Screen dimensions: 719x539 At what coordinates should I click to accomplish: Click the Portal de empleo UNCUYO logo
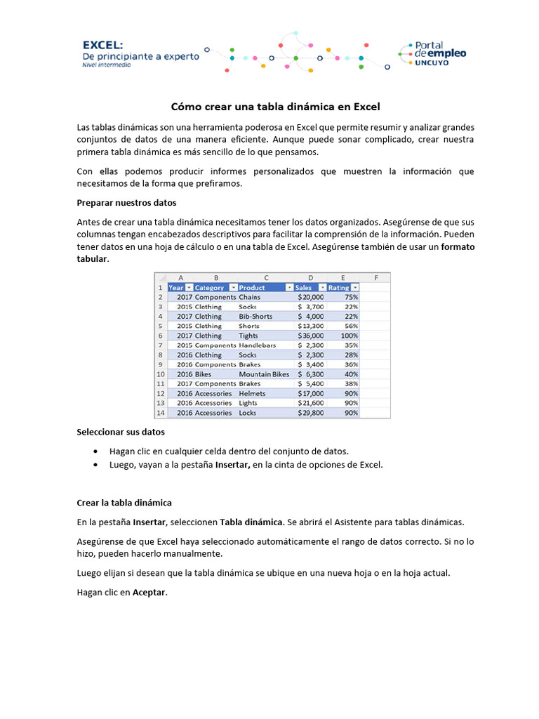(432, 53)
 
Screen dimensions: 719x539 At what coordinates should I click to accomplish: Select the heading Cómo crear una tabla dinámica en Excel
(276, 107)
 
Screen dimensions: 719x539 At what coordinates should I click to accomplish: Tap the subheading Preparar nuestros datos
(126, 202)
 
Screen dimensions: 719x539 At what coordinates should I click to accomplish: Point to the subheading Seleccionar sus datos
(121, 432)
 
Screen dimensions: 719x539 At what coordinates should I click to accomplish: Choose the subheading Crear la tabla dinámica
(124, 503)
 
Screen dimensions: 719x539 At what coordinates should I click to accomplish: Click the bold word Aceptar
(150, 592)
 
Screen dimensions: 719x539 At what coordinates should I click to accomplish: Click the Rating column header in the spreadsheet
(340, 287)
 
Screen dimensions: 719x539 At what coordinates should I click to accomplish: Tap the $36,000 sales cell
(311, 336)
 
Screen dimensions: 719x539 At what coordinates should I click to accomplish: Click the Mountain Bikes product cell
(264, 374)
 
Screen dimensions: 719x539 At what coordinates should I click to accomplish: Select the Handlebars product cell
(257, 345)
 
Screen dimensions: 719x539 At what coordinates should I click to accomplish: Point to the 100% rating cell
(349, 336)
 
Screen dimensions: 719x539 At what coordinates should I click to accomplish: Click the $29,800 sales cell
(311, 413)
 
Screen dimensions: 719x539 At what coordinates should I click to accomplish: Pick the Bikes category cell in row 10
(203, 374)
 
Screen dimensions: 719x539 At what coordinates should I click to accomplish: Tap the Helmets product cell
(252, 393)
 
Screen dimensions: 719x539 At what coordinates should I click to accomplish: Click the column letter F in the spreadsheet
(377, 277)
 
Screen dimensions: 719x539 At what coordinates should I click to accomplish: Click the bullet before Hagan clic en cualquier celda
(95, 451)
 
